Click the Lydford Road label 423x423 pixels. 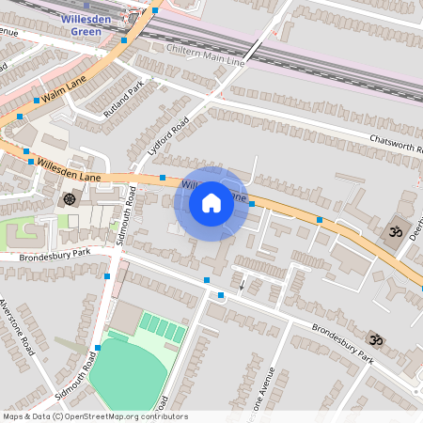click(x=169, y=135)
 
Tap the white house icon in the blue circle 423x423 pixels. click(x=211, y=203)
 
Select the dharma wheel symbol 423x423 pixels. click(x=69, y=198)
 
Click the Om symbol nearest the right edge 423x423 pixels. click(x=395, y=231)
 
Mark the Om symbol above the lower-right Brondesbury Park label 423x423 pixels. click(x=375, y=339)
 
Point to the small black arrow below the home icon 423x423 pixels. click(x=242, y=284)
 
